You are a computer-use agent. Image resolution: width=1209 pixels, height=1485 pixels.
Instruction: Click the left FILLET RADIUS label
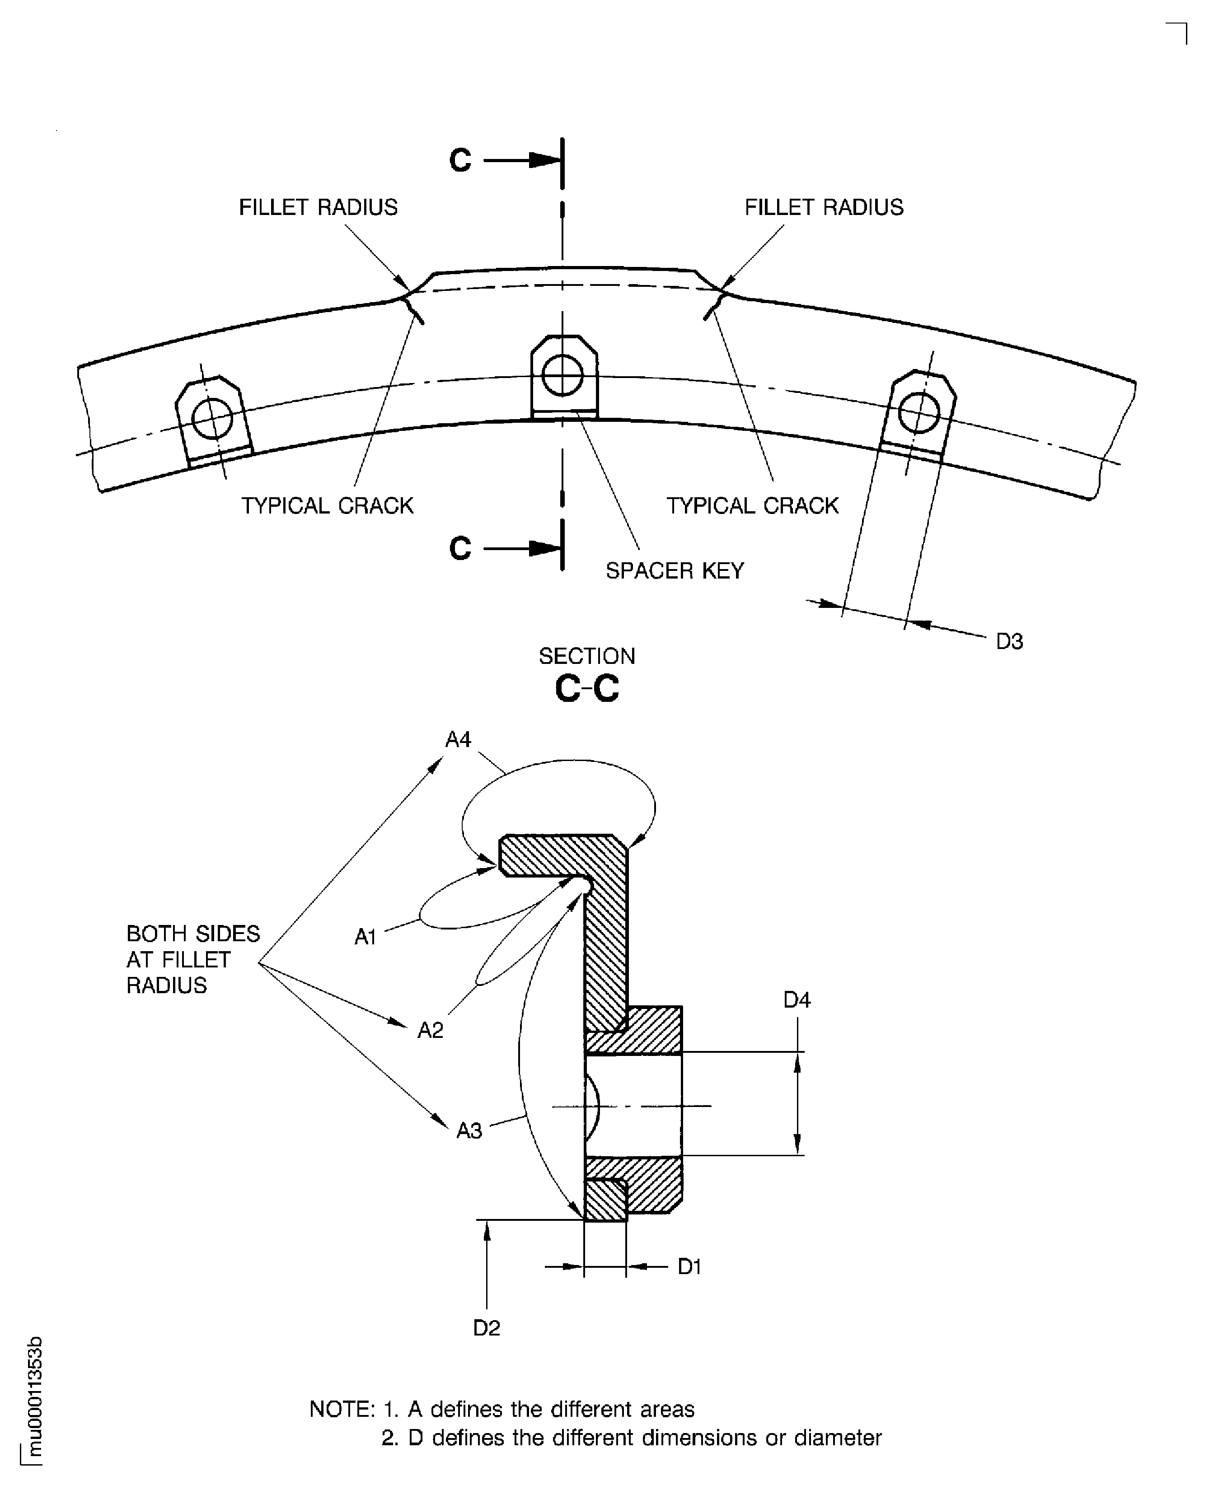[318, 207]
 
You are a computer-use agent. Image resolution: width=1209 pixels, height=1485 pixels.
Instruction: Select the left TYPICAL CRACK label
[327, 505]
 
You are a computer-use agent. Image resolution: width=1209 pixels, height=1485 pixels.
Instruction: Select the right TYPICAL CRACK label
[752, 505]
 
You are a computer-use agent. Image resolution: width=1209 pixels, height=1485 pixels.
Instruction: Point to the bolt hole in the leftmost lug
[212, 418]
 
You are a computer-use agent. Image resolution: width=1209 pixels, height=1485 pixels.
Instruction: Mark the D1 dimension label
[689, 1266]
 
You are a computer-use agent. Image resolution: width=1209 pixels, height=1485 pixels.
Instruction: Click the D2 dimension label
[486, 1328]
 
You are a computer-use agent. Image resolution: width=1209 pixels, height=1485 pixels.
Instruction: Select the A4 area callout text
[458, 739]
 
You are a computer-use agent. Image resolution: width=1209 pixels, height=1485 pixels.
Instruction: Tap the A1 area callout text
[365, 937]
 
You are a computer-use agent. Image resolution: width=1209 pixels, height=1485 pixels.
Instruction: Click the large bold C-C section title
[586, 689]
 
